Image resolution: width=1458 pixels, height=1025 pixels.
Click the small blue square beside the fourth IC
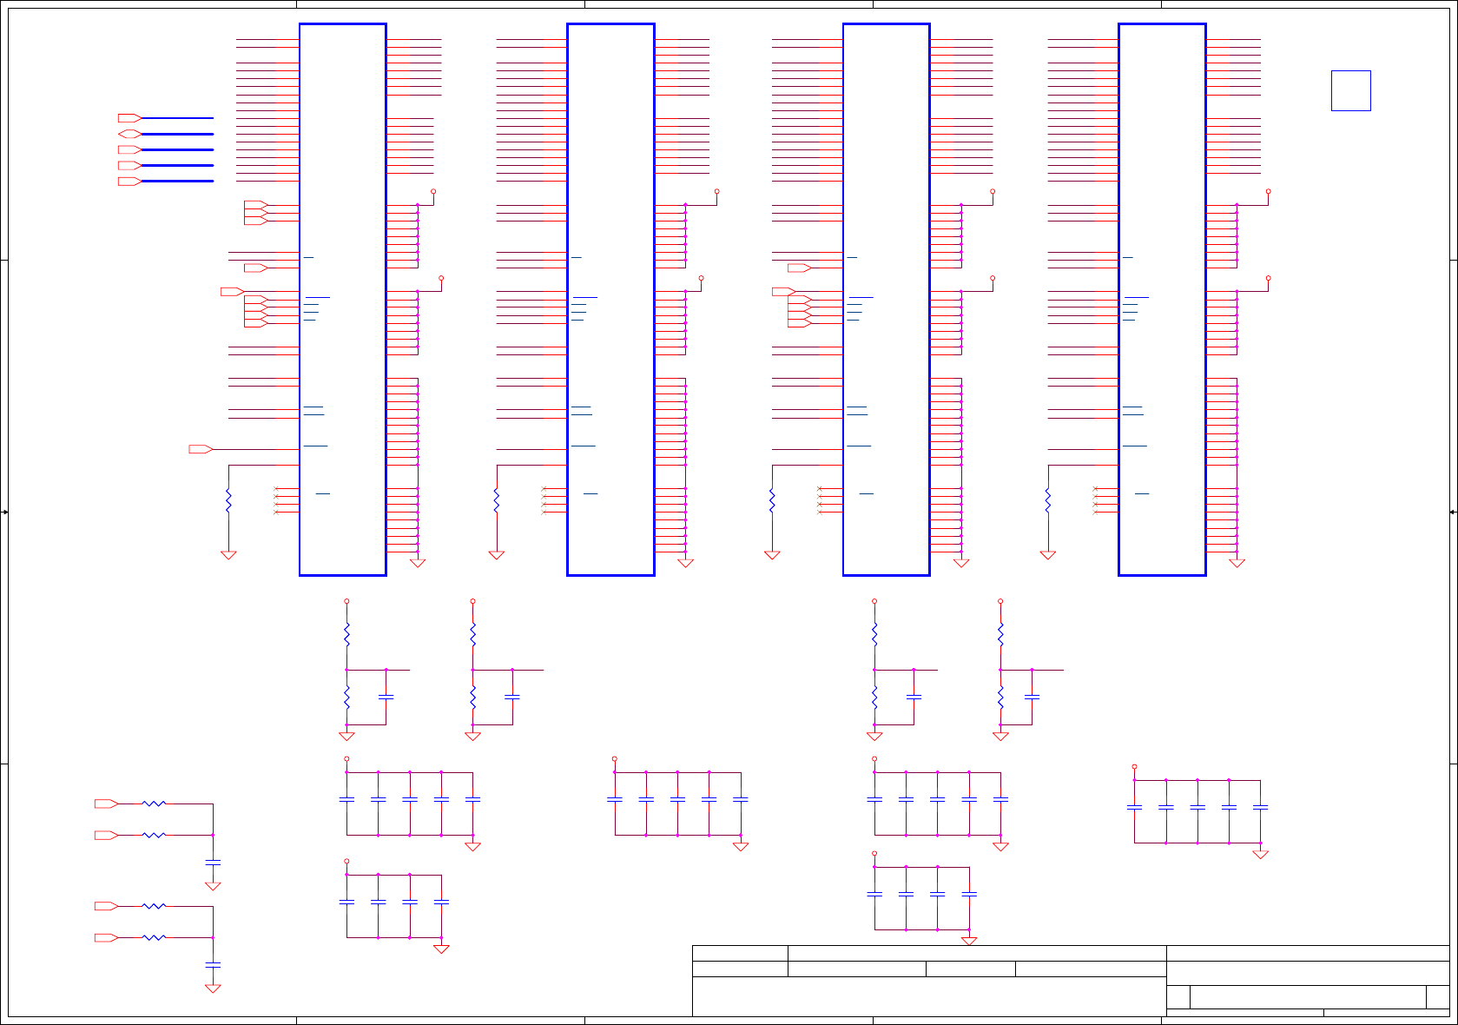(1350, 90)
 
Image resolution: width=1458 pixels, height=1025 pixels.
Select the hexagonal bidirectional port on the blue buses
(129, 134)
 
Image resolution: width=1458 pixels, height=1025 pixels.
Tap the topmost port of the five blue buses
(129, 117)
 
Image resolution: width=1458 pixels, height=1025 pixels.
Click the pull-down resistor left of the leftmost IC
(228, 500)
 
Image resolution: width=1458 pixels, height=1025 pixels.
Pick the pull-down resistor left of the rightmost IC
(1048, 500)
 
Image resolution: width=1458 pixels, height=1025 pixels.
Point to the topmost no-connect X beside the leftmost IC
(276, 489)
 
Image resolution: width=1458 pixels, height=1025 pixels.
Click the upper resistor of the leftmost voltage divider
(346, 635)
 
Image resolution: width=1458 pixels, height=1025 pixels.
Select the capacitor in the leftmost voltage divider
(386, 697)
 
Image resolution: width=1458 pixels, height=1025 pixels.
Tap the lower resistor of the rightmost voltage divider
(1000, 697)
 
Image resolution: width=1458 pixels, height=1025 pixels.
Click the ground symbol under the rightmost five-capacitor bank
(1260, 855)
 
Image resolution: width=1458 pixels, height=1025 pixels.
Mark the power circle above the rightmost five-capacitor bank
(1134, 767)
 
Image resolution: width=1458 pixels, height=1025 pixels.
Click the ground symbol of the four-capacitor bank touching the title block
(969, 942)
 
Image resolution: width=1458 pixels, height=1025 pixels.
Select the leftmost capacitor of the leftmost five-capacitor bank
(346, 799)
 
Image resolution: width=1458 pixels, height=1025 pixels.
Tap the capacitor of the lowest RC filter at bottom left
(213, 964)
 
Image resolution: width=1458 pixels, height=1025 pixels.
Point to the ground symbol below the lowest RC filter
(213, 989)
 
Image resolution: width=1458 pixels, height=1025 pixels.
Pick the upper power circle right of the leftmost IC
(433, 191)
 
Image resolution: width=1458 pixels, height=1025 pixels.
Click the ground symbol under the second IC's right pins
(685, 564)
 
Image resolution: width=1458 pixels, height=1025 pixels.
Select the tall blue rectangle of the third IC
(886, 299)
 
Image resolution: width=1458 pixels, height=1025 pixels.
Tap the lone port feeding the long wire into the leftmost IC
(201, 449)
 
